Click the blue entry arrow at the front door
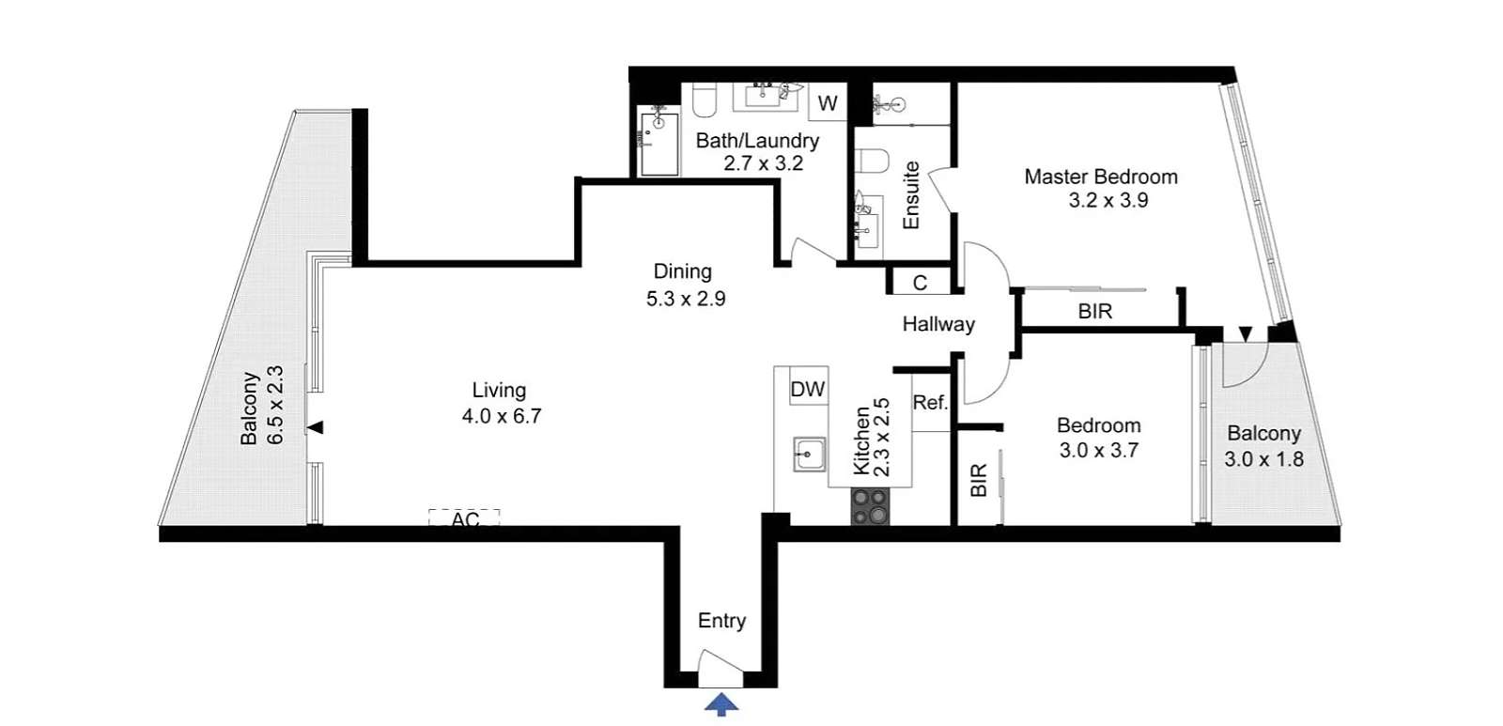(721, 704)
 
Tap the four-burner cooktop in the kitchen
(870, 506)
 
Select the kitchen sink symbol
(809, 455)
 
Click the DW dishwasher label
(808, 390)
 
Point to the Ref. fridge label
(931, 403)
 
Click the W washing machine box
(828, 102)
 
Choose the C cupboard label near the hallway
(920, 283)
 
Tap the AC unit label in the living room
(465, 520)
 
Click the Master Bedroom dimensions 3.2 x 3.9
(1108, 201)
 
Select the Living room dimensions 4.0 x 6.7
(502, 416)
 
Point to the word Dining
(682, 271)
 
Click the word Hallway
(938, 325)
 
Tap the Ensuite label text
(910, 195)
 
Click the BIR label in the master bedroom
(1095, 311)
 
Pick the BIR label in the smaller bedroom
(979, 481)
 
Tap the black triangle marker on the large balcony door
(316, 427)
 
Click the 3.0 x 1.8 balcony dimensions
(1264, 459)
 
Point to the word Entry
(722, 622)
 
